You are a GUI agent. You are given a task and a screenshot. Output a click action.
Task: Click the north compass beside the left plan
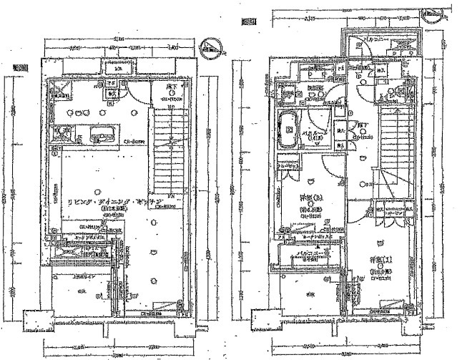pyautogui.click(x=209, y=50)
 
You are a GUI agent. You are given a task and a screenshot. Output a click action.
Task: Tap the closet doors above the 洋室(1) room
pyautogui.click(x=378, y=213)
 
